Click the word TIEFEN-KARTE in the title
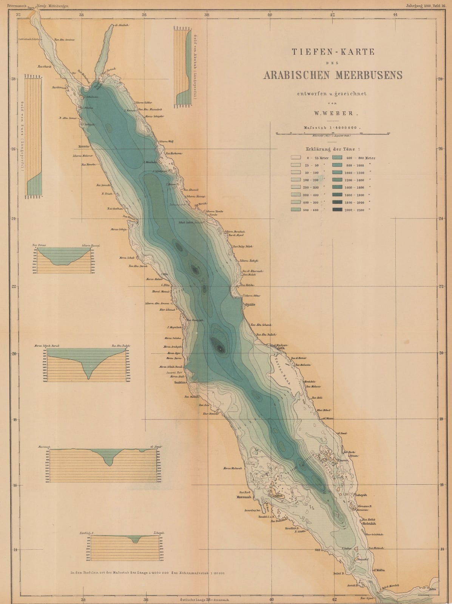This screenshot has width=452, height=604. [x=333, y=52]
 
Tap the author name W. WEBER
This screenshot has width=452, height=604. [x=333, y=112]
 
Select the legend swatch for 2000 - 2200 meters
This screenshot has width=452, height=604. [x=337, y=210]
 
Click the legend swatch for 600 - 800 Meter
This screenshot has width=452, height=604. [x=337, y=158]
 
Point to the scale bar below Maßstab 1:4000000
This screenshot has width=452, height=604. [x=333, y=133]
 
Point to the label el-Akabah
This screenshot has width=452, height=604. [x=123, y=25]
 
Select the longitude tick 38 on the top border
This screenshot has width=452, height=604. [x=207, y=14]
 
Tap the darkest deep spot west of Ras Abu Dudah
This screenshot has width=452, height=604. [x=218, y=345]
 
